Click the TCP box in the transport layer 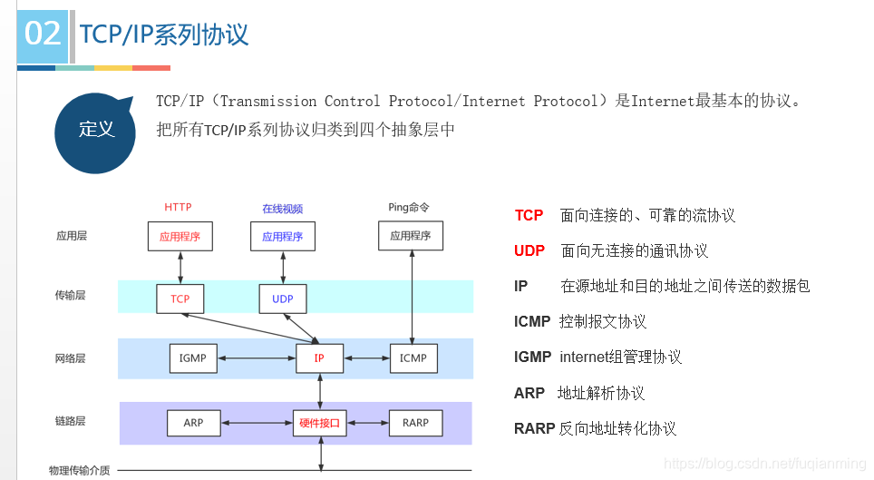tap(180, 299)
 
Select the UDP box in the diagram tap(282, 299)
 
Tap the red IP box tap(319, 358)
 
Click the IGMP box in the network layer tap(193, 358)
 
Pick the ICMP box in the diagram tap(413, 358)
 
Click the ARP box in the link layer tap(193, 423)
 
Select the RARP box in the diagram tap(415, 423)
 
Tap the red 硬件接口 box tap(319, 423)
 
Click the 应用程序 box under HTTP tap(180, 236)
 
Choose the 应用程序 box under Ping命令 tap(411, 236)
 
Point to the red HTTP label tap(178, 208)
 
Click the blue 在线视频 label tap(282, 209)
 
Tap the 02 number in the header tap(43, 34)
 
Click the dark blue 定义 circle tap(96, 130)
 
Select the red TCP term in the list tap(529, 216)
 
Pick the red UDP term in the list tap(529, 251)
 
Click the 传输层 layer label tap(70, 296)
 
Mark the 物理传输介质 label tap(80, 470)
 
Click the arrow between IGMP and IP tap(257, 358)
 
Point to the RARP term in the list tap(534, 428)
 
